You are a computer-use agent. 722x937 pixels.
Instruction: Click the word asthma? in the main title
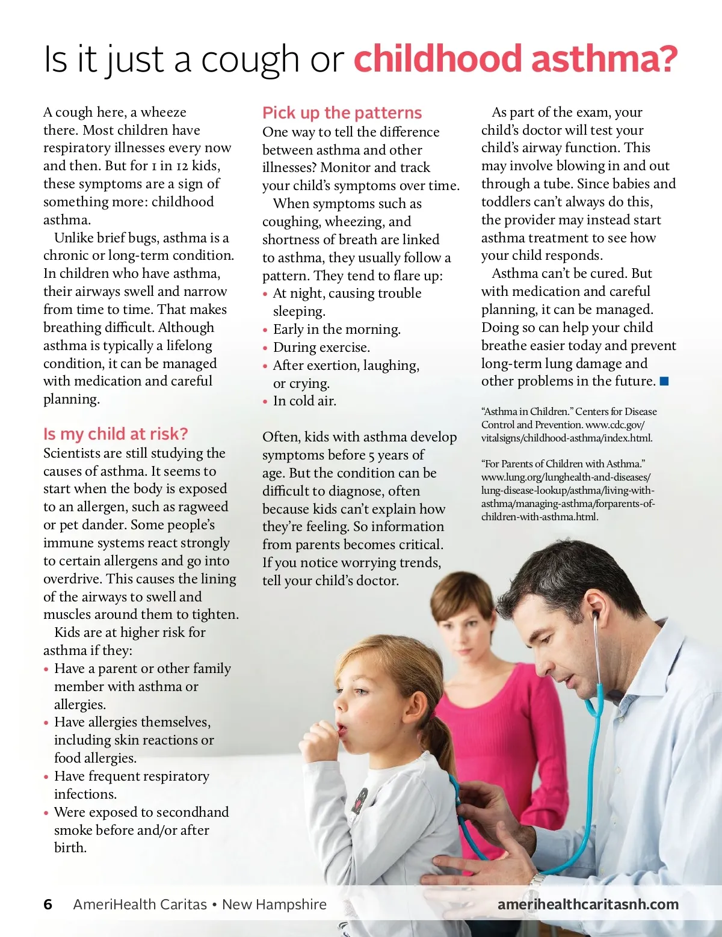[x=604, y=59]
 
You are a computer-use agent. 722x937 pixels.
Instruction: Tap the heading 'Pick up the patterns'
[x=342, y=113]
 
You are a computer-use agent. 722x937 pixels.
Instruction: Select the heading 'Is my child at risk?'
[x=116, y=434]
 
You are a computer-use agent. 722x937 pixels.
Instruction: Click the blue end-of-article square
[x=664, y=381]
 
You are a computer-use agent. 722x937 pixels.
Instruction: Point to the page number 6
[x=48, y=905]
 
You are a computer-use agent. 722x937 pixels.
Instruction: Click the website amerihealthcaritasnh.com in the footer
[x=588, y=905]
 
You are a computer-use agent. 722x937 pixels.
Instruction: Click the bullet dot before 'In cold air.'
[x=265, y=402]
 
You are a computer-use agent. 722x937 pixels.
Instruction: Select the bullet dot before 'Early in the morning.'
[x=265, y=330]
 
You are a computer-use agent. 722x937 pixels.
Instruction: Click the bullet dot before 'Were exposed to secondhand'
[x=46, y=813]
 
